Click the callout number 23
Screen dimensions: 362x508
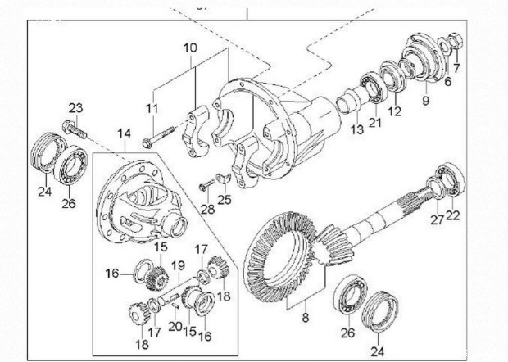click(x=75, y=109)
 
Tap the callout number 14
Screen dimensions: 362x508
click(x=124, y=133)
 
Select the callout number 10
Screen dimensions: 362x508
click(x=190, y=48)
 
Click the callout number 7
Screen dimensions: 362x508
click(x=456, y=67)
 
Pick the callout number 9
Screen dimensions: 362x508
click(x=425, y=101)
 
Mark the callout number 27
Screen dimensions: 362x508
click(x=437, y=219)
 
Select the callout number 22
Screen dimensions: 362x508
click(x=453, y=215)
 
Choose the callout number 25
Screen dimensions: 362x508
click(x=225, y=200)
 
